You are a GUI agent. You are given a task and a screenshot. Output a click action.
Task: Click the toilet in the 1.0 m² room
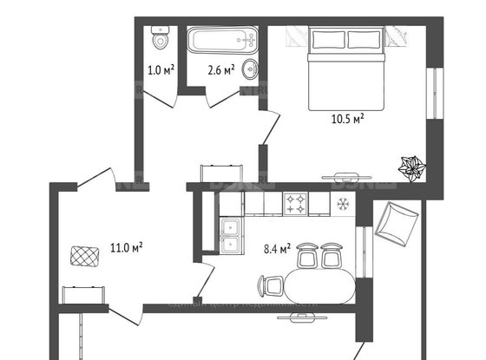pos(160,38)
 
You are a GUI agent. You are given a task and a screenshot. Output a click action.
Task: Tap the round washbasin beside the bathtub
pos(250,69)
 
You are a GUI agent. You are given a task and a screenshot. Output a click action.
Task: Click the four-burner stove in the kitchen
pos(297,204)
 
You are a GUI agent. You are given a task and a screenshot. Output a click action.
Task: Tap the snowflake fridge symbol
pos(342,204)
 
